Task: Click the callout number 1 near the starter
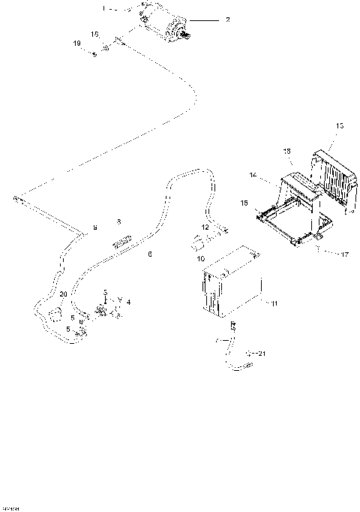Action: click(104, 9)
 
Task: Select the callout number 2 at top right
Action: click(228, 20)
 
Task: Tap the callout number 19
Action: click(76, 44)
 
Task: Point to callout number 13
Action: click(339, 125)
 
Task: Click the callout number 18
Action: click(287, 152)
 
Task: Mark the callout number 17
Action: click(346, 254)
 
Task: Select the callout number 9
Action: click(94, 226)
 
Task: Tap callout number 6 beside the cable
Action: click(150, 254)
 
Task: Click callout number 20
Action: click(63, 294)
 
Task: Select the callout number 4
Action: click(128, 302)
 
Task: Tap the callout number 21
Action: click(262, 352)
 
